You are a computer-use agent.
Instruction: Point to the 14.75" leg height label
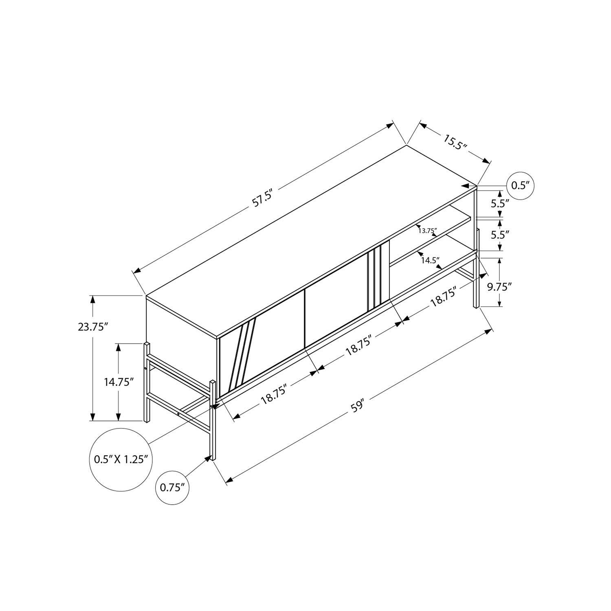(x=119, y=382)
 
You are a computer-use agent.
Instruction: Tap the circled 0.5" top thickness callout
(x=520, y=185)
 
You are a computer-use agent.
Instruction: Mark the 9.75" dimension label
(x=499, y=287)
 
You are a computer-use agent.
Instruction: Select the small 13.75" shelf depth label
(x=427, y=231)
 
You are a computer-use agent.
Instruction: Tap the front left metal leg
(x=213, y=420)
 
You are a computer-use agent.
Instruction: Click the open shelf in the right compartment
(x=432, y=244)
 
